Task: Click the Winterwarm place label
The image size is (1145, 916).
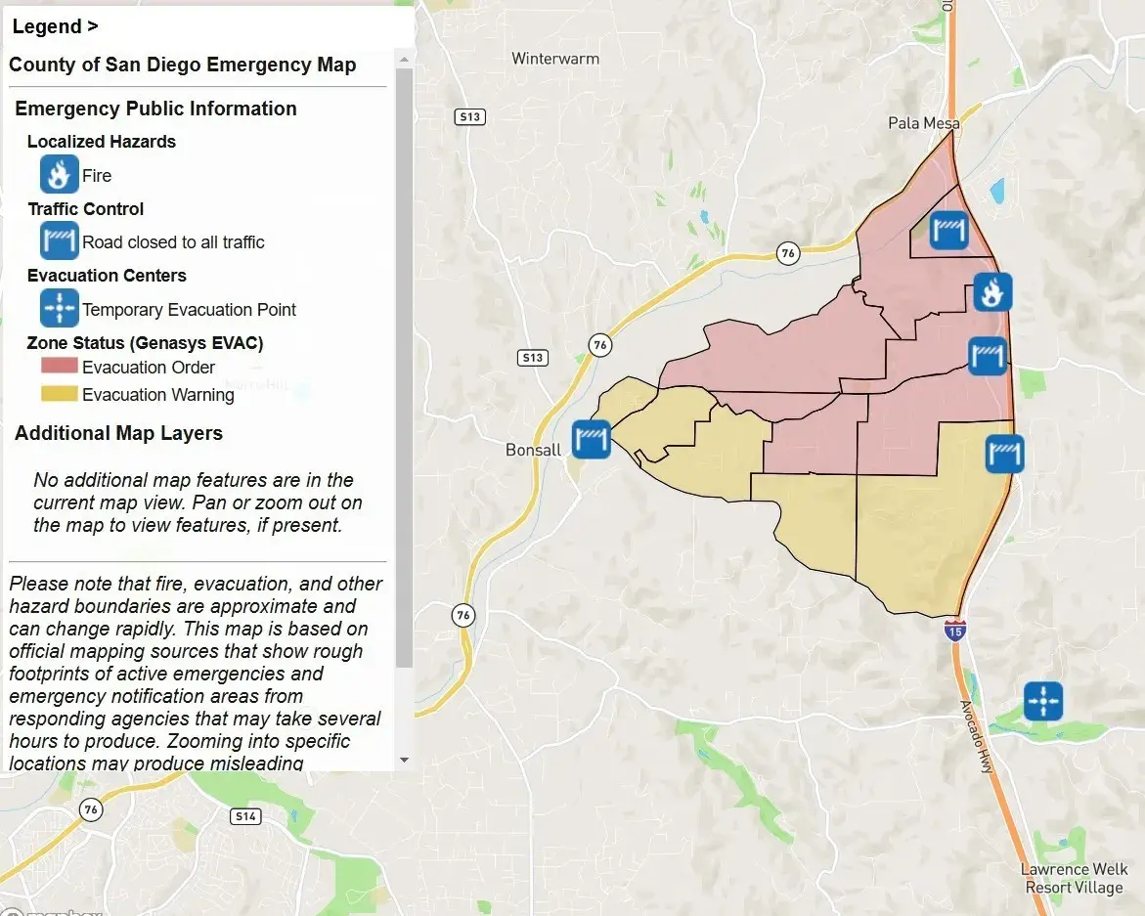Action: pyautogui.click(x=555, y=59)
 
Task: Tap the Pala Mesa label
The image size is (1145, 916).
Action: pyautogui.click(x=923, y=123)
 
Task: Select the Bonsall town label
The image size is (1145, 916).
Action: pyautogui.click(x=534, y=450)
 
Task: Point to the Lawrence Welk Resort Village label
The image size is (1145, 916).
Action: pyautogui.click(x=1074, y=878)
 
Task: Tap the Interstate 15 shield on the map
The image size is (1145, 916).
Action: pyautogui.click(x=953, y=630)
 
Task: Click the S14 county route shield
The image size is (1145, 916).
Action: pyautogui.click(x=245, y=815)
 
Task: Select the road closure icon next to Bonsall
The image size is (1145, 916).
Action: pyautogui.click(x=592, y=439)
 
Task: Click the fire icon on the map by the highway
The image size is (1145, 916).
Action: pyautogui.click(x=992, y=291)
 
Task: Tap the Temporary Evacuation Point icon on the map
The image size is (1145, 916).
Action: pyautogui.click(x=1043, y=701)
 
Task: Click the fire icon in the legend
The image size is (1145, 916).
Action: pyautogui.click(x=59, y=175)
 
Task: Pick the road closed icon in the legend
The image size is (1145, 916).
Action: pyautogui.click(x=59, y=240)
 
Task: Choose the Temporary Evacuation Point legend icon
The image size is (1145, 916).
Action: pyautogui.click(x=59, y=308)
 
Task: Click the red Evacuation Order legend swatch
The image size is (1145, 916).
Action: pyautogui.click(x=59, y=367)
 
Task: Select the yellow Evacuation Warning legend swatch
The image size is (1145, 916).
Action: pyautogui.click(x=59, y=394)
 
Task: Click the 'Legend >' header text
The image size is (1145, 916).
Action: pyautogui.click(x=55, y=26)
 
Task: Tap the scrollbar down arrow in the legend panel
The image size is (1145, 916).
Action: pyautogui.click(x=404, y=760)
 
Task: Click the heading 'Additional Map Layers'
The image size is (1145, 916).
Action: pyautogui.click(x=118, y=433)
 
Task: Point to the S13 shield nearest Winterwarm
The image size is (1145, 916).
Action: pyautogui.click(x=470, y=117)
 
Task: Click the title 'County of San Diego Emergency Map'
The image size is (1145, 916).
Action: pyautogui.click(x=183, y=65)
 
